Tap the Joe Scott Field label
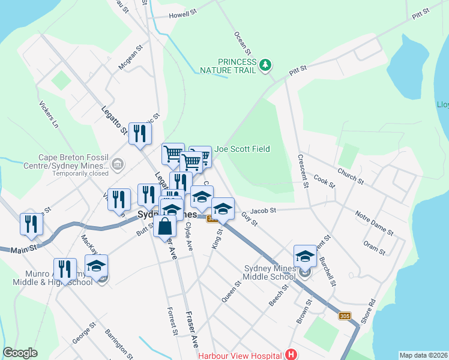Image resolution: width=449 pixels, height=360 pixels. [243, 149]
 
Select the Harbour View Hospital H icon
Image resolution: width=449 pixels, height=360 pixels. [291, 355]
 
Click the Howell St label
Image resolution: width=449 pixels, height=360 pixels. [183, 14]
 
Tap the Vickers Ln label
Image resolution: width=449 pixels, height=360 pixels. [50, 113]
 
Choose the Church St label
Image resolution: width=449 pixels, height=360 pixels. [351, 176]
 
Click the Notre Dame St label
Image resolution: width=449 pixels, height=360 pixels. [374, 223]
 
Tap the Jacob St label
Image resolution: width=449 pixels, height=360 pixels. [263, 211]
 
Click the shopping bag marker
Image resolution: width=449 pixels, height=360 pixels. [165, 227]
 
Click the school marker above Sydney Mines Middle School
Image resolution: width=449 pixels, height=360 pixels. [305, 256]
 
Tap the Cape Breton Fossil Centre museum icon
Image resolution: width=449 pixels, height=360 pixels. [118, 163]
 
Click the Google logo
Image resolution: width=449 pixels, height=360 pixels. [20, 353]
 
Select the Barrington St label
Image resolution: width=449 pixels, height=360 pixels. [118, 339]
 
